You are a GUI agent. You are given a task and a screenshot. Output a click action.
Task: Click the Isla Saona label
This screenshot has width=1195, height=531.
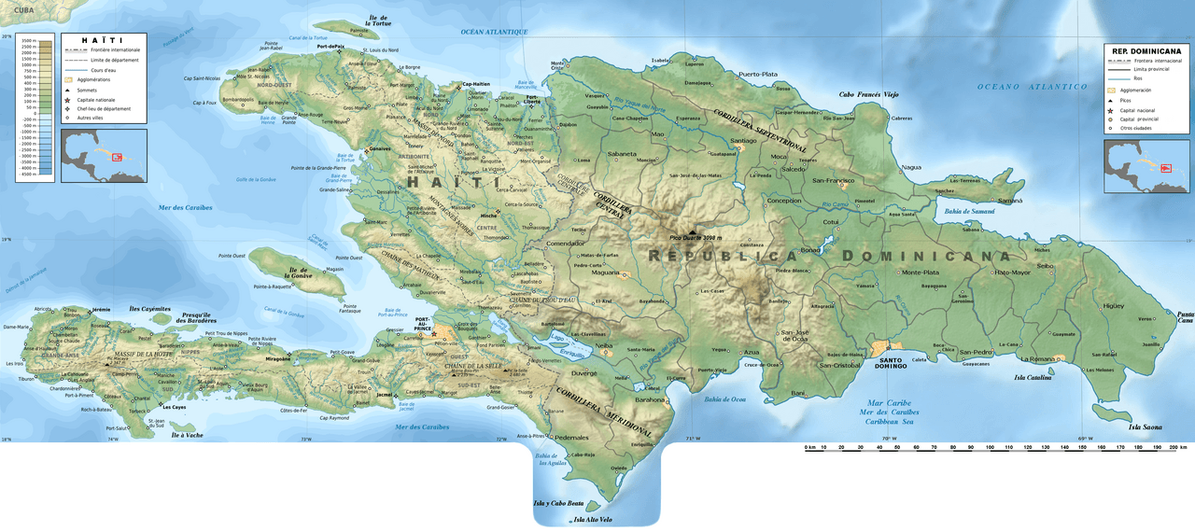(x=1145, y=426)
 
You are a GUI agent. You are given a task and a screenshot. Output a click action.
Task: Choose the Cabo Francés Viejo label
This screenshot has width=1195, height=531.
(x=868, y=94)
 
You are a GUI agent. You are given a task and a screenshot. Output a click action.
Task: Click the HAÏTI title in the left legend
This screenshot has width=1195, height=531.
(x=96, y=40)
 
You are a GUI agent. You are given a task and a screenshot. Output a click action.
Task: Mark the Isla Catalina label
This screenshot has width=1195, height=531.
(x=1033, y=377)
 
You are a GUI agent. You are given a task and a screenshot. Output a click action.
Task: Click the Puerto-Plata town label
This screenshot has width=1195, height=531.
(x=757, y=74)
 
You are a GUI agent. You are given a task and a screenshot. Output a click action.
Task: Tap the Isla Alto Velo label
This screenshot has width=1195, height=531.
(x=593, y=520)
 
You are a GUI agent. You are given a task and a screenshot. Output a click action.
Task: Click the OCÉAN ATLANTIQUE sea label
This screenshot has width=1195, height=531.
(x=494, y=32)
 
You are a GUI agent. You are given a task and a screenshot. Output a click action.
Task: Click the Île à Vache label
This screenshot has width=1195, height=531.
(x=187, y=436)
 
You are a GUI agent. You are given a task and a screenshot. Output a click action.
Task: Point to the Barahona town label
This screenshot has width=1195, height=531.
(x=650, y=398)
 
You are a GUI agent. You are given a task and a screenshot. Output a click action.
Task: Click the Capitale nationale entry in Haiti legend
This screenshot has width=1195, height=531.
(x=96, y=99)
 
